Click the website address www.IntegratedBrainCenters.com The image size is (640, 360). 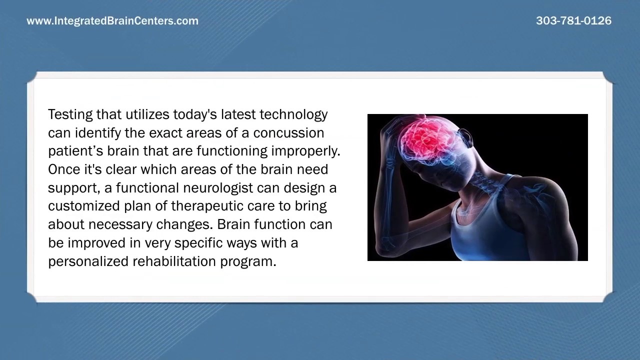112,21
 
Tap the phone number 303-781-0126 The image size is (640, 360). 573,21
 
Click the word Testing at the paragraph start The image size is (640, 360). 70,114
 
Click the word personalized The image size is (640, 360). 88,261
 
